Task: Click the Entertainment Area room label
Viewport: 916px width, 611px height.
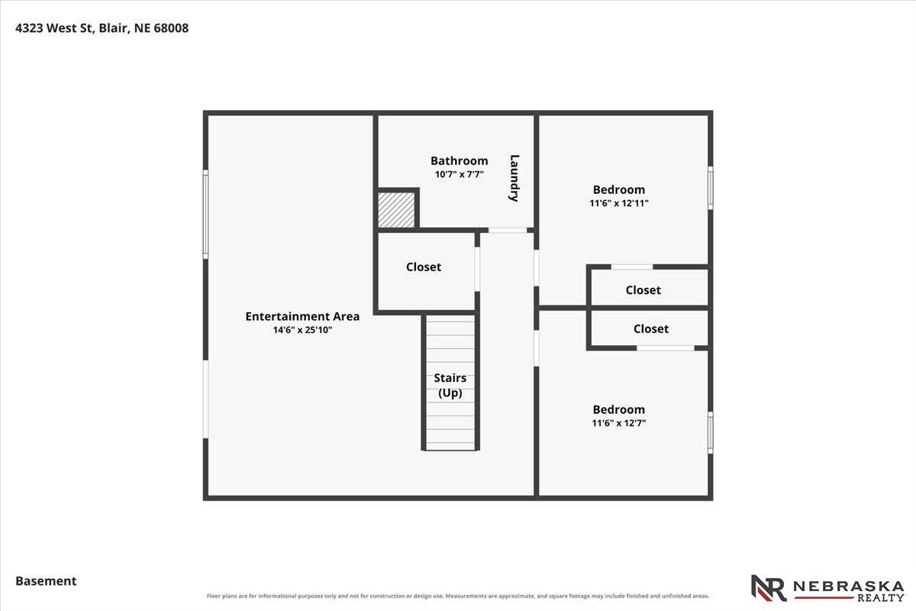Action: tap(302, 316)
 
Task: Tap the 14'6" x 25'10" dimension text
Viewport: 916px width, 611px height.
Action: tap(302, 330)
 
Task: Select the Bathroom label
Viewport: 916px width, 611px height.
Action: tap(460, 161)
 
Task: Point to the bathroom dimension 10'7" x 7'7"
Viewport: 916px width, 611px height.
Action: tap(460, 174)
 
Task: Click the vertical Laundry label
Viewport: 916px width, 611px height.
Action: tap(514, 178)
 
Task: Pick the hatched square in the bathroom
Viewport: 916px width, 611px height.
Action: tap(396, 210)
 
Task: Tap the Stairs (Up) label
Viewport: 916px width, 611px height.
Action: tap(450, 385)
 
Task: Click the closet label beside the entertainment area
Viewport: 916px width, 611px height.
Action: tap(424, 267)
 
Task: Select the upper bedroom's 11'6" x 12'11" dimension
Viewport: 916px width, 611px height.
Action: tap(619, 203)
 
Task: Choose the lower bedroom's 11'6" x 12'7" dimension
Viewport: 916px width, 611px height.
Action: tap(619, 423)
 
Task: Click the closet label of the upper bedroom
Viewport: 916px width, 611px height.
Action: tap(643, 290)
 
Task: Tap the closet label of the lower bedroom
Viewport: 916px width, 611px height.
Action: tap(651, 328)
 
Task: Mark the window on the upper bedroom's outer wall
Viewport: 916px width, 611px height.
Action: tap(711, 188)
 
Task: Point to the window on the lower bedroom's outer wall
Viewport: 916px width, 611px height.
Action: tap(711, 432)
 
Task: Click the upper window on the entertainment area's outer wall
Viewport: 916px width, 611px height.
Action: tap(205, 214)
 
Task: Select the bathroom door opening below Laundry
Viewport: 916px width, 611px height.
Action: tap(508, 231)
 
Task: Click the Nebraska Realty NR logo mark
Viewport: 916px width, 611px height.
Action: tap(769, 588)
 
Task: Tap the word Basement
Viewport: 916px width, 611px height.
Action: tap(47, 581)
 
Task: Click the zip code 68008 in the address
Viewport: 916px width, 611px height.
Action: tap(171, 27)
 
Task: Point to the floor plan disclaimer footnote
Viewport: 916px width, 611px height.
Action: tap(458, 596)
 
